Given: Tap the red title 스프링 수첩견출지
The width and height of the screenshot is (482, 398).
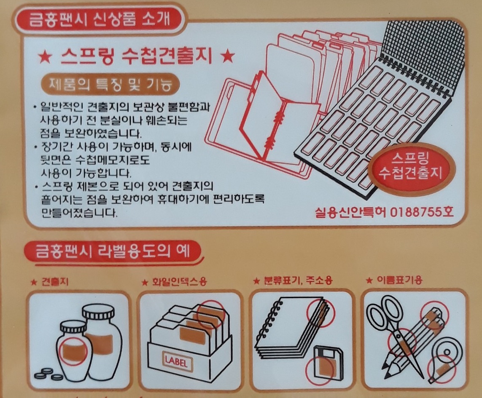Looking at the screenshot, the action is (x=136, y=56).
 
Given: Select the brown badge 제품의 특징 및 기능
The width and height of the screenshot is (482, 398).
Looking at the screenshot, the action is (x=110, y=84).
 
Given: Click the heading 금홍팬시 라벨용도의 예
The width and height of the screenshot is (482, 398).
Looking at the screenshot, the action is (x=113, y=251).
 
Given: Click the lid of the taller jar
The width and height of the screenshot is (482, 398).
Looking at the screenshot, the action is (x=98, y=313).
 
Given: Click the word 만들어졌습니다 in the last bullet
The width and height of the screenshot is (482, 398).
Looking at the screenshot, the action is (x=79, y=213).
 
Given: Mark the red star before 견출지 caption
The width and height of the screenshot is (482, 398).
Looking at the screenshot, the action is (x=34, y=282).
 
